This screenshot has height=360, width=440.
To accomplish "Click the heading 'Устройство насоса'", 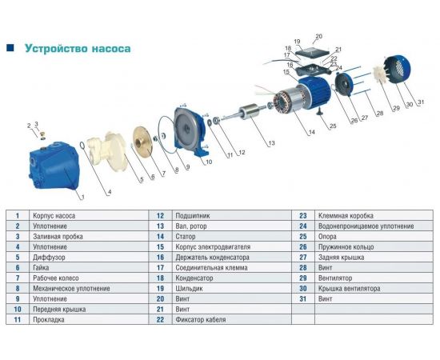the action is pos(78,48).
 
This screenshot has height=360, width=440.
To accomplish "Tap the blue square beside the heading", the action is pos(10,48).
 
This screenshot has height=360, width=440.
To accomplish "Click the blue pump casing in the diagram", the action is pos(54,165).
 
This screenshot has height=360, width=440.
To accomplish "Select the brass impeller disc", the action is pos(143,141).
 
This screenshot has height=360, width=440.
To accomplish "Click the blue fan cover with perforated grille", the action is pos(397,70).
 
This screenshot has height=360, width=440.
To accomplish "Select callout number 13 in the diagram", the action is pos(271,143).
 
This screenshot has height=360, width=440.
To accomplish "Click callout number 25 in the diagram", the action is pos(333,126).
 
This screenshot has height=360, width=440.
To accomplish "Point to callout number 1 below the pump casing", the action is pos(82,198).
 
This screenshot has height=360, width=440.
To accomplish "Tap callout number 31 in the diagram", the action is pos(421,102).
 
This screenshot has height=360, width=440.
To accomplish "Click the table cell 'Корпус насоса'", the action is pos(54,216).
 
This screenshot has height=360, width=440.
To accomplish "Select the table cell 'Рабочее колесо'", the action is pos(56,278).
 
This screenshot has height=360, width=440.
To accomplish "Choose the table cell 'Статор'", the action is pos(186,237).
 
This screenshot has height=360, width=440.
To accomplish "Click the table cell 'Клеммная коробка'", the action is pos(346,216).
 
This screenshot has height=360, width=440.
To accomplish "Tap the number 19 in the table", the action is pos(160,289).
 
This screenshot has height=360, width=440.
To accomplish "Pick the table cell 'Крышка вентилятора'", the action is pos(349,289).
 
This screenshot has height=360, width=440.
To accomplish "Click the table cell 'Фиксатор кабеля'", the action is pos(201,319).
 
